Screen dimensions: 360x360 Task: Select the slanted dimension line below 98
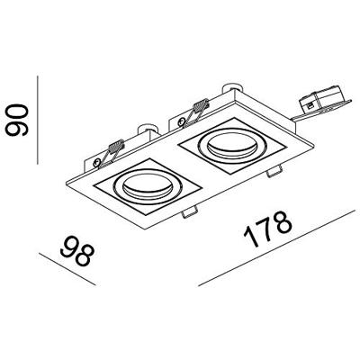coord(59,266)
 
